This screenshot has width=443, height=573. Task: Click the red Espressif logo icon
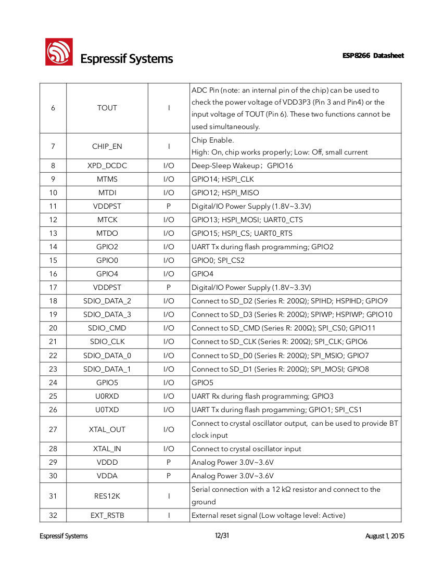(58, 53)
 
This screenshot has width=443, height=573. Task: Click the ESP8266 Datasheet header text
(373, 56)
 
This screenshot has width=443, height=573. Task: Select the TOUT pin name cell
(107, 108)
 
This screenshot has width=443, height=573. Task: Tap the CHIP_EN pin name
(107, 146)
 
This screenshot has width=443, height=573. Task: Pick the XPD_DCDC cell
(107, 166)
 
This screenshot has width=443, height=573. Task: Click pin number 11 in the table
(53, 207)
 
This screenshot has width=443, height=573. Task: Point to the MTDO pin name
(107, 234)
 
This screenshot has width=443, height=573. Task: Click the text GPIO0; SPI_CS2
(218, 260)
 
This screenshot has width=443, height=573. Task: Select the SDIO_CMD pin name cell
(107, 328)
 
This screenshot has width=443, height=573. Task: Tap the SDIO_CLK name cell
(107, 342)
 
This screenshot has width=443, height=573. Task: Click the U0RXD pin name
(107, 397)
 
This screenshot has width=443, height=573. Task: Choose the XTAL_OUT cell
(107, 430)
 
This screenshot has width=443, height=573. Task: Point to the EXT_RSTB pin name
(107, 516)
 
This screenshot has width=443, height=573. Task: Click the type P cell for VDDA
(169, 476)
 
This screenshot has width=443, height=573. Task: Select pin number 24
(53, 383)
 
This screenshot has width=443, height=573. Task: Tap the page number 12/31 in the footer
(222, 536)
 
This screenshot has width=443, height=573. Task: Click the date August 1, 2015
(385, 536)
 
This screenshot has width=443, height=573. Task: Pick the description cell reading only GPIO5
(202, 383)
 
